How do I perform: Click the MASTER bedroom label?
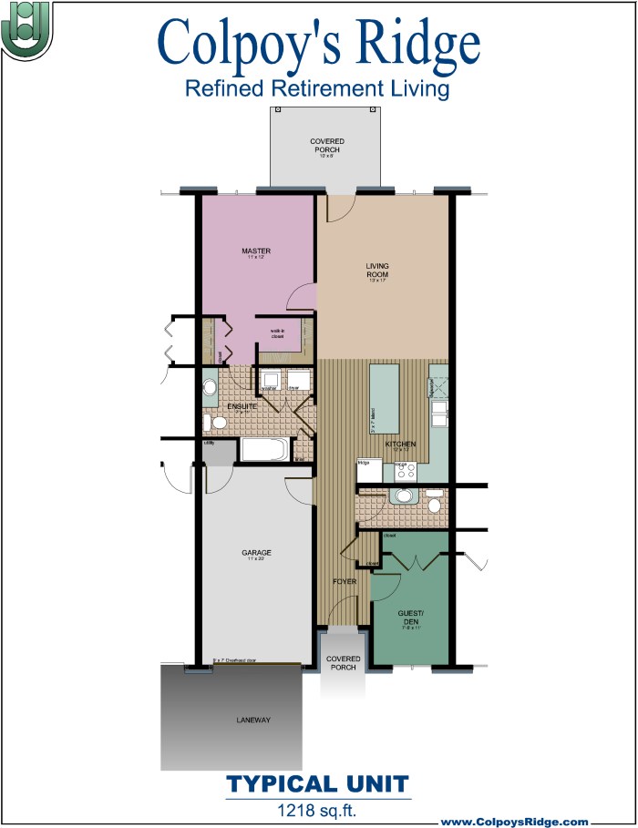click(x=256, y=250)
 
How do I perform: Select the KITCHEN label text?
click(x=400, y=445)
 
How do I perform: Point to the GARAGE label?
click(x=256, y=553)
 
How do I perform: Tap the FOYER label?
click(x=345, y=580)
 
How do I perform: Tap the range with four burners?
click(x=406, y=471)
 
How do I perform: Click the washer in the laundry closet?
click(x=270, y=381)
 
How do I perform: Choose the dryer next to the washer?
click(x=297, y=381)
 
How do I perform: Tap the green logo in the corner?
click(x=26, y=29)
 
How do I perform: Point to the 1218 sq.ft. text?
click(x=317, y=807)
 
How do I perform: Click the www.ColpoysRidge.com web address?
click(x=515, y=821)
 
